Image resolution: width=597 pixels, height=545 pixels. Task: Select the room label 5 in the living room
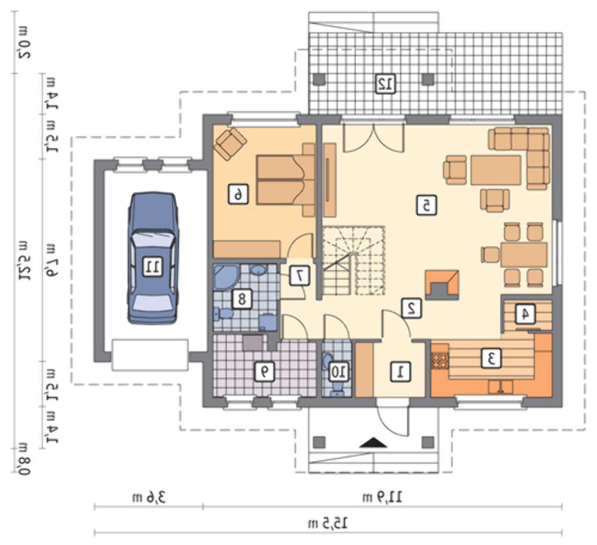click(426, 206)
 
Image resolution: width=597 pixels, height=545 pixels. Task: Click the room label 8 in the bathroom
click(242, 299)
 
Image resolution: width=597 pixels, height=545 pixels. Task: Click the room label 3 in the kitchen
click(491, 358)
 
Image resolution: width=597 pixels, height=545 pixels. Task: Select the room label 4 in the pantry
click(525, 314)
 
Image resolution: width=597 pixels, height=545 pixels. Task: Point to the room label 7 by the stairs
click(300, 275)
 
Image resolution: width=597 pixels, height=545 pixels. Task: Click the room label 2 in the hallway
click(411, 308)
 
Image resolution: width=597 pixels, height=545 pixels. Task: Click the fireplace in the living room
click(442, 285)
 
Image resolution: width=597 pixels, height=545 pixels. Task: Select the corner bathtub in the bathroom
click(226, 277)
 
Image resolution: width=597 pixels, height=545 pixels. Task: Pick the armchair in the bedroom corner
click(230, 143)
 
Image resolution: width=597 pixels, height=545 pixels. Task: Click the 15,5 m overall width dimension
click(328, 523)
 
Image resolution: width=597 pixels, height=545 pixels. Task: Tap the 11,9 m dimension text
click(382, 497)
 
